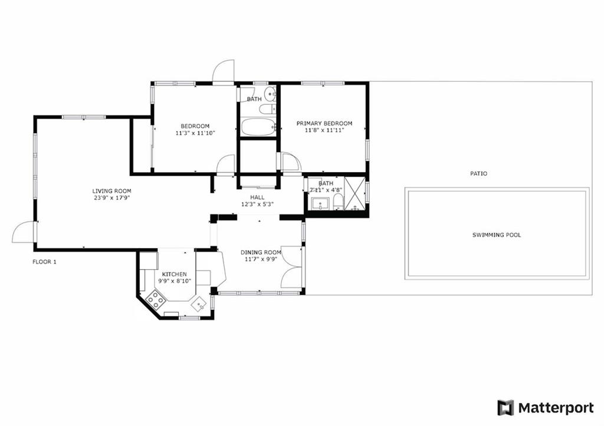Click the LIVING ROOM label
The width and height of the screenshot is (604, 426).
111,191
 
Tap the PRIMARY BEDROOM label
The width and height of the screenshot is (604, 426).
324,124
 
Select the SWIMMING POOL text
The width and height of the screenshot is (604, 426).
497,235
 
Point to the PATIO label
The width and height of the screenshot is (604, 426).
478,174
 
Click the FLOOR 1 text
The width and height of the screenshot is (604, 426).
44,262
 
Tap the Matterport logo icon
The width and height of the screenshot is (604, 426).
505,408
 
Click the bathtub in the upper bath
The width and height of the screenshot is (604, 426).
258,127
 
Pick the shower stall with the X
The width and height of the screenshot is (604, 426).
354,194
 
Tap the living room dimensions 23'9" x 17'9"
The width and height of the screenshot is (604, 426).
111,198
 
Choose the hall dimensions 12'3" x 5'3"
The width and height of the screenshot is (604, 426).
257,204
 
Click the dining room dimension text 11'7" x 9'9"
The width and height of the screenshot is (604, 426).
261,259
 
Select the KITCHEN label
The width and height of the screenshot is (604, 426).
174,275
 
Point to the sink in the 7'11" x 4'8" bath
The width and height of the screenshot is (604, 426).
320,204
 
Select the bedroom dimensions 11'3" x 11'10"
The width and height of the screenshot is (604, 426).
195,133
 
